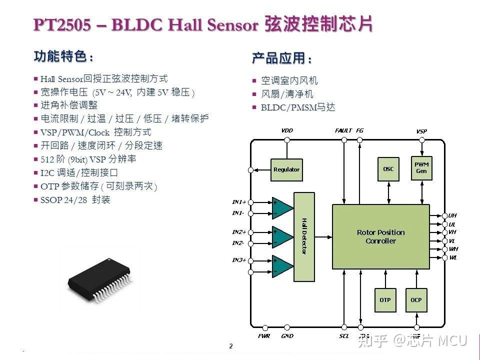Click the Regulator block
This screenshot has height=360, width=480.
click(x=286, y=169)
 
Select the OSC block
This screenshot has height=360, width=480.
click(x=388, y=169)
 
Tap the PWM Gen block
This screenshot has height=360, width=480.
click(x=421, y=168)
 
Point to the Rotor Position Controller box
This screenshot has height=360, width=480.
click(x=380, y=236)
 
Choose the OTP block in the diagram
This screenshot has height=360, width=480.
click(x=385, y=300)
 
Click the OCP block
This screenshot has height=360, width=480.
click(x=416, y=300)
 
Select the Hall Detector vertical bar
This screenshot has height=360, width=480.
click(x=304, y=236)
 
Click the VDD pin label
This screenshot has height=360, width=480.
click(x=287, y=130)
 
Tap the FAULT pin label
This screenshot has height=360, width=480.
click(x=343, y=130)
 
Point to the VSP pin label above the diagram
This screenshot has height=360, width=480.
click(x=421, y=131)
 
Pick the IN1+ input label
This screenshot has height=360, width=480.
click(x=239, y=202)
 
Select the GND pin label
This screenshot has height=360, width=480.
click(x=287, y=336)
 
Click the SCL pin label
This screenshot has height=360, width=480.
click(x=344, y=336)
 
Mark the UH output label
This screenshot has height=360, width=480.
click(x=452, y=215)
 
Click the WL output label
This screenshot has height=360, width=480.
click(x=452, y=257)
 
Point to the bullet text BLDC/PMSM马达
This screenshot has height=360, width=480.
click(x=297, y=107)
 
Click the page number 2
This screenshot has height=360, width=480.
click(x=231, y=346)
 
